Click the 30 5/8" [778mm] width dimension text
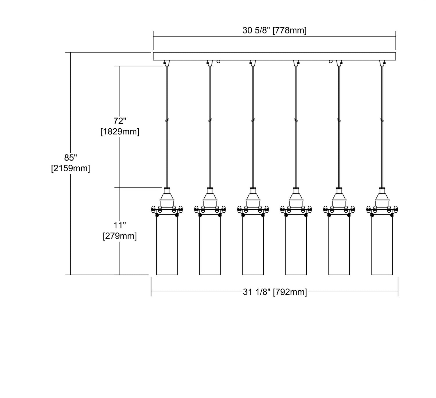coord(274,31)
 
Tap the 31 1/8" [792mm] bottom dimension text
coord(275,292)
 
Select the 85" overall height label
coord(71,158)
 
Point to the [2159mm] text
coord(71,168)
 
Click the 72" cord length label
coord(120,121)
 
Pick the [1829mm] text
coord(120,132)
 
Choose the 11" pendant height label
coord(120,225)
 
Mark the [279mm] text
coord(120,236)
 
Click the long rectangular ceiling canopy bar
coord(274,56)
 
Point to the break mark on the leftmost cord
coord(167,120)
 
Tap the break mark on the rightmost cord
coord(382,120)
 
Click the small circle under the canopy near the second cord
coord(219,61)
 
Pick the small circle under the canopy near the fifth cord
coord(330,61)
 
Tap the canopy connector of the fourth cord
coord(296,63)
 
